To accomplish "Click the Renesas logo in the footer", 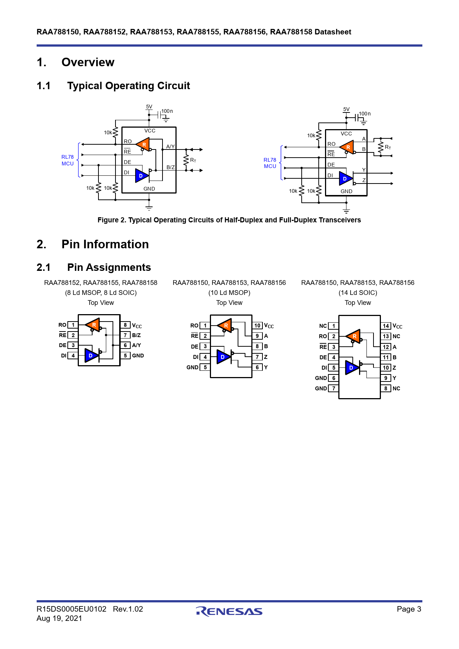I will (x=229, y=612).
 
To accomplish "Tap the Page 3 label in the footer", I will (x=409, y=609).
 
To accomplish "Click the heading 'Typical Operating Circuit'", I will (x=128, y=86).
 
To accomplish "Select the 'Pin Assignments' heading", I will (x=109, y=267).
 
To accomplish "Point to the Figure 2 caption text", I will (x=229, y=220).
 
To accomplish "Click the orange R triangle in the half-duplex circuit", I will (x=143, y=144).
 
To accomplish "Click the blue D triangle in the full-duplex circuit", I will (x=345, y=179).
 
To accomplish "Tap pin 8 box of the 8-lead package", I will (x=125, y=325).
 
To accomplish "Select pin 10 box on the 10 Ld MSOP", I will (x=257, y=326).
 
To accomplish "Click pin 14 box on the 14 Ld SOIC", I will (x=386, y=326).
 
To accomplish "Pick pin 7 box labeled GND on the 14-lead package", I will (x=334, y=389).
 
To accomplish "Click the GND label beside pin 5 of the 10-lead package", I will (x=192, y=367).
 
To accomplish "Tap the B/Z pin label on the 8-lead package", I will (x=137, y=335).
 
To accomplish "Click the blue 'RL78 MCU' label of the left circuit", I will (x=68, y=160).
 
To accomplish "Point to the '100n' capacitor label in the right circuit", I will (x=365, y=114).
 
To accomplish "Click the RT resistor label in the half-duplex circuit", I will (x=193, y=160).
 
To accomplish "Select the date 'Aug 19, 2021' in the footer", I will (x=59, y=618).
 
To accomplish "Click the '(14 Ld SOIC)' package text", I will (x=358, y=293).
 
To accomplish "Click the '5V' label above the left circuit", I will (x=149, y=107).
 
